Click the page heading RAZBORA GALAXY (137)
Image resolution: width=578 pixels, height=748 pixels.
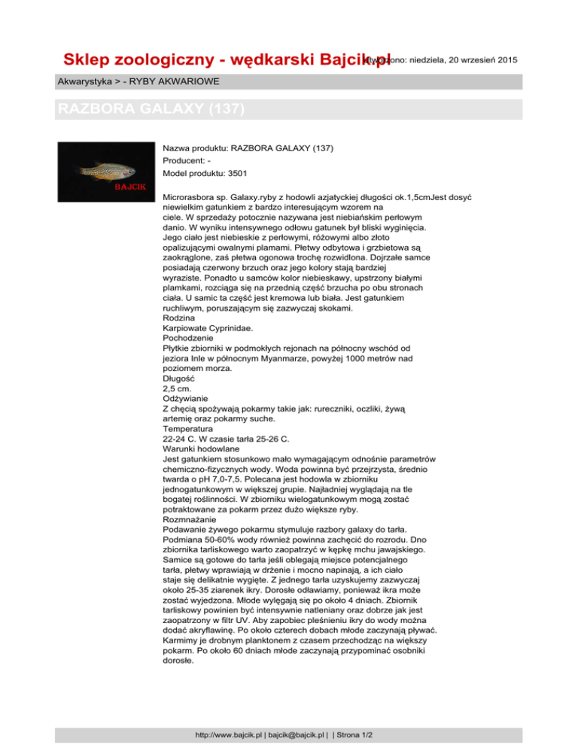(x=151, y=109)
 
